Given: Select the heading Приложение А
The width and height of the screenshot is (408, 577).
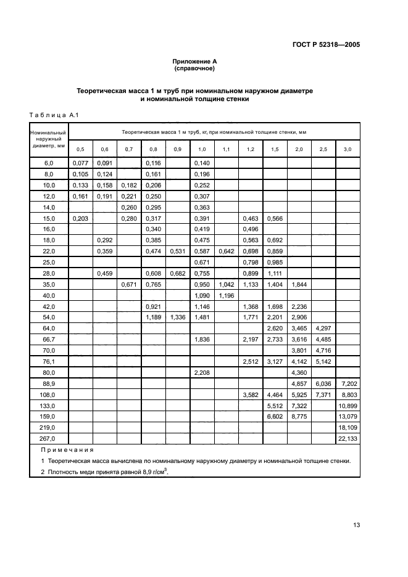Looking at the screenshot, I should tap(194, 62).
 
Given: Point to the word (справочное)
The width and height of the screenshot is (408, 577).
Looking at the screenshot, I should tap(194, 68).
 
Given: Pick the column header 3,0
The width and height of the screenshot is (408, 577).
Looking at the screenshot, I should tap(348, 149).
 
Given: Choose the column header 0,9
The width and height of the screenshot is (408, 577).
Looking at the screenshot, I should tap(178, 149).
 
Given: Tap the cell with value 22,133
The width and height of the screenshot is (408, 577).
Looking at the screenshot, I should tap(348, 438).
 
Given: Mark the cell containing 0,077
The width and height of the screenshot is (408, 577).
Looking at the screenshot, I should tap(81, 163).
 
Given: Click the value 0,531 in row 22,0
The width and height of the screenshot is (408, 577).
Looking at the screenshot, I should tap(178, 251).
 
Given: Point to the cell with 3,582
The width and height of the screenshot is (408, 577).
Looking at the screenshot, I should tap(251, 395).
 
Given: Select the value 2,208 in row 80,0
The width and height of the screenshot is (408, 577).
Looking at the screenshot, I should tap(202, 373).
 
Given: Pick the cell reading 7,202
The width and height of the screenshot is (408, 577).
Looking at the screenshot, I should tap(348, 383).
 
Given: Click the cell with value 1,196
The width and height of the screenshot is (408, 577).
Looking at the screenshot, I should tap(226, 295).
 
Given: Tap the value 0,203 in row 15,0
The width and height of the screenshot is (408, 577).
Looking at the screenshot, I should tap(81, 218).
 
